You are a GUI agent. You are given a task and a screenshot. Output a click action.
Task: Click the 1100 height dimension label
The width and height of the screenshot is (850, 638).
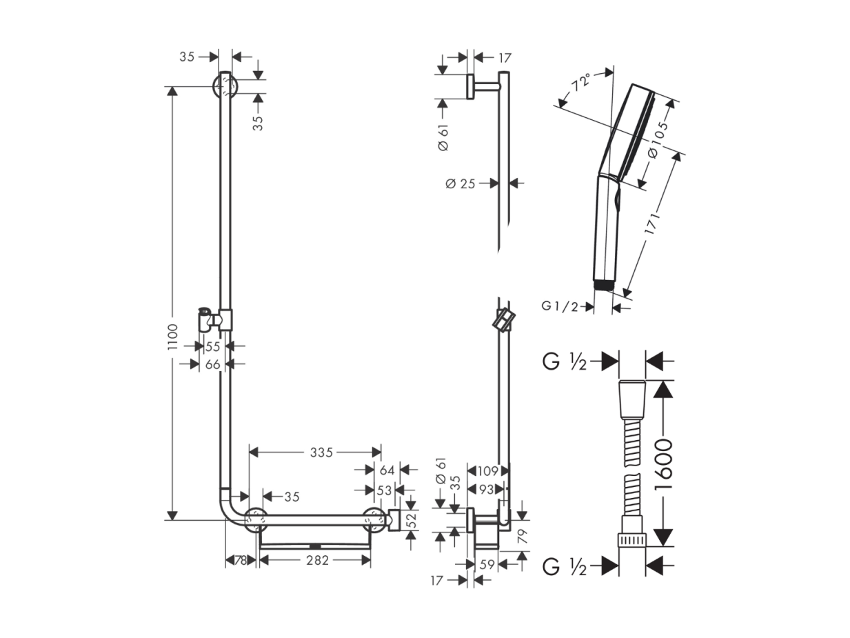click(x=172, y=337)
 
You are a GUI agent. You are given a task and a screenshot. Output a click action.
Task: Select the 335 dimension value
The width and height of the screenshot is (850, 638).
click(x=321, y=452)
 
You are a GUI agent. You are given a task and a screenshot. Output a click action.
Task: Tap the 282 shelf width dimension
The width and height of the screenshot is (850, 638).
click(x=318, y=560)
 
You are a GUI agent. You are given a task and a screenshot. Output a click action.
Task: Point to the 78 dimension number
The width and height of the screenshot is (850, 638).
click(x=241, y=560)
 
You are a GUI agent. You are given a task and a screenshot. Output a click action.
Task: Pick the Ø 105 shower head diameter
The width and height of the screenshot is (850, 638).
click(x=658, y=140)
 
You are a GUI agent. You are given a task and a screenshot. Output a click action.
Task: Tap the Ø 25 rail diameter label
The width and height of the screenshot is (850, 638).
click(x=461, y=183)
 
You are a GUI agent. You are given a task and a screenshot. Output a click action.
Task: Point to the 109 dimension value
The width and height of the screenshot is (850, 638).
click(x=487, y=471)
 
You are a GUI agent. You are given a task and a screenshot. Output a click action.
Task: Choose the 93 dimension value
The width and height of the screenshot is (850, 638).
click(x=487, y=490)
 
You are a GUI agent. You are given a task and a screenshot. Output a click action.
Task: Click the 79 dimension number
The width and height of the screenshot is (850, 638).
click(x=523, y=536)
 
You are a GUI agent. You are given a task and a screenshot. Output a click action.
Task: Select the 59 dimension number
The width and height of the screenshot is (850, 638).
click(x=487, y=564)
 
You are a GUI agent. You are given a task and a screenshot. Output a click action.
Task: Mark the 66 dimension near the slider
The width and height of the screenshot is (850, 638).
click(x=212, y=364)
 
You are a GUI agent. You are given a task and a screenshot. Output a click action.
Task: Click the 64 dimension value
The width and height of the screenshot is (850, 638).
click(x=387, y=470)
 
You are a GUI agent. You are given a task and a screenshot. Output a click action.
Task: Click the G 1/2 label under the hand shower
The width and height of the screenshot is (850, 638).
click(x=560, y=306)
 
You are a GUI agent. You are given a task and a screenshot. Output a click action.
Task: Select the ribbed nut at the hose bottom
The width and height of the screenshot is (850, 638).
click(x=632, y=540)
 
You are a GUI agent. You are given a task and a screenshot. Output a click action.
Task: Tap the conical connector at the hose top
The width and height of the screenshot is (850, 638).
click(x=632, y=399)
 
